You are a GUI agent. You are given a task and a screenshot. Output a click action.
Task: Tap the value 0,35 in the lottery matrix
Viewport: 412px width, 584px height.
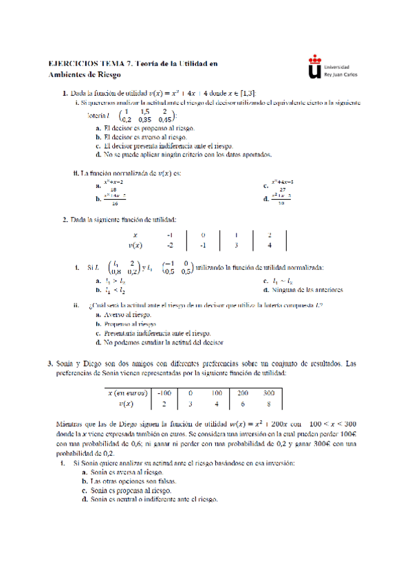[x=144, y=118]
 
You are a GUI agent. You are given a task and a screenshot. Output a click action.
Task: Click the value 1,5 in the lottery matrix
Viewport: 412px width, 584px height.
[x=144, y=110]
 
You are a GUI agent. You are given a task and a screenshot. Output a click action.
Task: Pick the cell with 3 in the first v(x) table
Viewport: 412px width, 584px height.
[x=236, y=244]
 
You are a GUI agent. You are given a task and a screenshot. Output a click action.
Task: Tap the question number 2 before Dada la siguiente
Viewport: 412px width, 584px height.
[x=65, y=220]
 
